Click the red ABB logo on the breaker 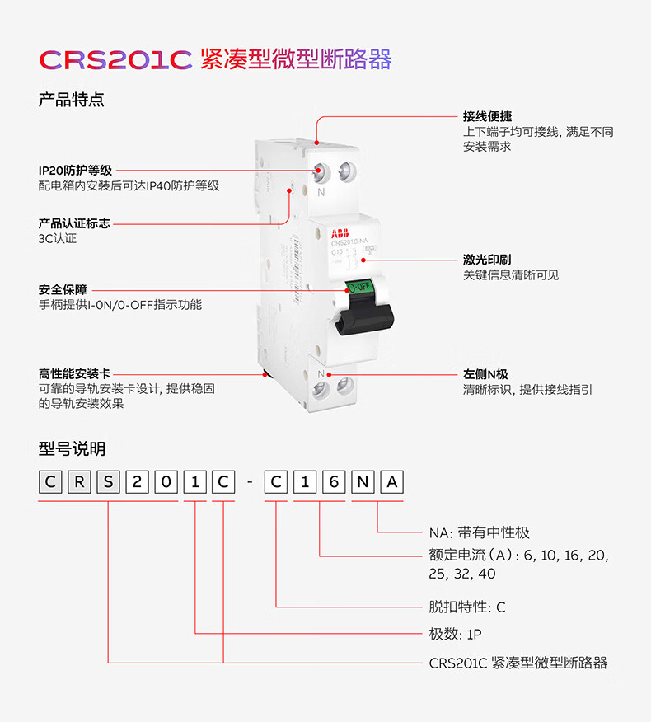340,233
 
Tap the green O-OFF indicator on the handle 359,288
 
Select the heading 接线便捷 487,116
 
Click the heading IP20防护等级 75,171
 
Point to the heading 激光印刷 487,260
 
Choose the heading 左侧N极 485,374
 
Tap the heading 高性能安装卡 75,373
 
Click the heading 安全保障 63,289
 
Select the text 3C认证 58,238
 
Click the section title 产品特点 72,100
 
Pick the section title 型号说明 72,448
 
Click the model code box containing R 79,481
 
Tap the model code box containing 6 334,481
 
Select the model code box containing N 363,481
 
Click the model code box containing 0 166,481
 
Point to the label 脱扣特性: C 467,607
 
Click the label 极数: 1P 455,634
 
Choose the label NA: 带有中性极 480,532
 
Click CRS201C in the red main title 115,60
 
